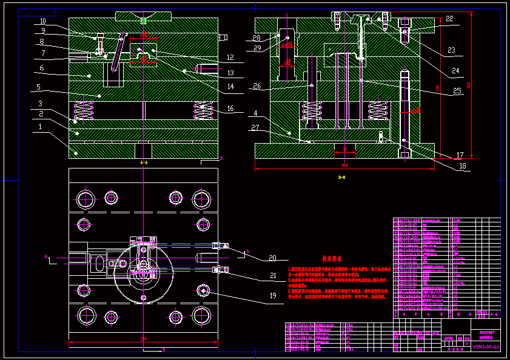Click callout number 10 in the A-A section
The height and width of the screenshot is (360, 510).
(x=44, y=21)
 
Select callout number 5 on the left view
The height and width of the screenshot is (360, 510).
(x=38, y=87)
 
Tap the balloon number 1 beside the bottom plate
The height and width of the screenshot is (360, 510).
(x=40, y=127)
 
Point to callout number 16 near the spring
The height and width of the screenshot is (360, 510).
(x=230, y=109)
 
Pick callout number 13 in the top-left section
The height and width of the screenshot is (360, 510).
(x=230, y=72)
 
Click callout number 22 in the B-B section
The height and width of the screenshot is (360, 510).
(x=449, y=19)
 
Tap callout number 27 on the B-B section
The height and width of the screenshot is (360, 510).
(x=255, y=128)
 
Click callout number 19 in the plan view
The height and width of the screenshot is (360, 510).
(x=272, y=295)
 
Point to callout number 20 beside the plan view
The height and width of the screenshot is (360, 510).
(x=272, y=258)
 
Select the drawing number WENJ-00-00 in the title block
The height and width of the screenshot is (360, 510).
(x=486, y=346)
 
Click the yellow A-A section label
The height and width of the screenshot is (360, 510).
(x=143, y=163)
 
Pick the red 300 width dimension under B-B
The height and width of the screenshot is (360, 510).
(x=344, y=164)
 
